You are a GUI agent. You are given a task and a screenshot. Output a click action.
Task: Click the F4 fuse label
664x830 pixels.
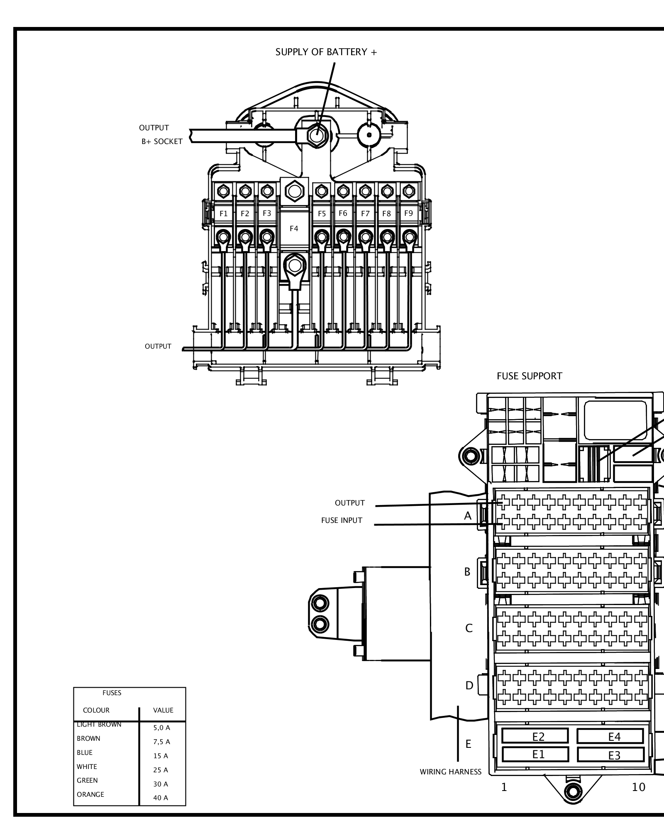pyautogui.click(x=294, y=229)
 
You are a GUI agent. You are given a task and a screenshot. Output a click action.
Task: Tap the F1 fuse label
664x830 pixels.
pyautogui.click(x=224, y=214)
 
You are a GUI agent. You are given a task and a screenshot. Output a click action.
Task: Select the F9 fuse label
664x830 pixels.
pyautogui.click(x=408, y=213)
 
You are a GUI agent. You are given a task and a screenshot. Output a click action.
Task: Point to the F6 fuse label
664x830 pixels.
pyautogui.click(x=343, y=213)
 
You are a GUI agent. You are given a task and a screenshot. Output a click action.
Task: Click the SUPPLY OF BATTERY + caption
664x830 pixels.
pyautogui.click(x=326, y=52)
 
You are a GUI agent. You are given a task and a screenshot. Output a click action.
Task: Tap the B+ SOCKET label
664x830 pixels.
pyautogui.click(x=162, y=142)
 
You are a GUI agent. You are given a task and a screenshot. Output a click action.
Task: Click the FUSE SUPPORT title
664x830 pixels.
pyautogui.click(x=529, y=376)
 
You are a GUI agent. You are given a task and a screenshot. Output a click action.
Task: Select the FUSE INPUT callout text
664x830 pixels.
pyautogui.click(x=342, y=520)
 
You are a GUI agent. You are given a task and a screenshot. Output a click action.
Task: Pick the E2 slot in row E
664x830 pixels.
pyautogui.click(x=538, y=737)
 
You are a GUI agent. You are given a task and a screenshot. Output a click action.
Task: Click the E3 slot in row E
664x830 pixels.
pyautogui.click(x=614, y=756)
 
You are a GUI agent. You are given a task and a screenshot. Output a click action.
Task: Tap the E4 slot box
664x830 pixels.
pyautogui.click(x=614, y=737)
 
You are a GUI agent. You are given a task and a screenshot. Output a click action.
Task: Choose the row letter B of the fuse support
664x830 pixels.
pyautogui.click(x=467, y=572)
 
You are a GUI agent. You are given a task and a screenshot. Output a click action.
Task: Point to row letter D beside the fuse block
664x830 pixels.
pyautogui.click(x=469, y=686)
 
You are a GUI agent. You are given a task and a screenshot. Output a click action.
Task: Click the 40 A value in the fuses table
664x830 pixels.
pyautogui.click(x=161, y=798)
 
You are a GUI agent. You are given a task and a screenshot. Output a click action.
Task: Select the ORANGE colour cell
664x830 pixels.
pyautogui.click(x=90, y=795)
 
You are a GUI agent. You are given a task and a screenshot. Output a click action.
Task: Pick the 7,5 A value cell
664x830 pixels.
pyautogui.click(x=161, y=742)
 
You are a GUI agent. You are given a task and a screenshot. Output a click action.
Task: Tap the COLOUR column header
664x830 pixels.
pyautogui.click(x=96, y=710)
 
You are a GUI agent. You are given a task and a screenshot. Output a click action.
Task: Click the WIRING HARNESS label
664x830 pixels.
pyautogui.click(x=450, y=772)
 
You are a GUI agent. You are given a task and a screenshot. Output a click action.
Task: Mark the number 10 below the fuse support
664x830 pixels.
pyautogui.click(x=638, y=787)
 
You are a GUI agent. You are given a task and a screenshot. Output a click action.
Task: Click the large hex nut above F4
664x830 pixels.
pyautogui.click(x=294, y=192)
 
